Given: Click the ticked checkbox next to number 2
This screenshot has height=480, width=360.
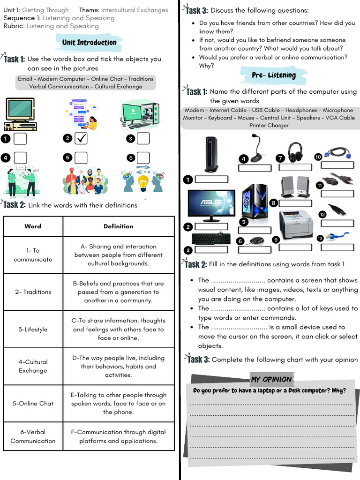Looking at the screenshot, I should [x=81, y=138].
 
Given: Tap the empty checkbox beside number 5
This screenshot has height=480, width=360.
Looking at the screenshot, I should [x=81, y=158].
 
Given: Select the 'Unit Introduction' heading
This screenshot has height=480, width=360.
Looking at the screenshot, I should [x=89, y=43].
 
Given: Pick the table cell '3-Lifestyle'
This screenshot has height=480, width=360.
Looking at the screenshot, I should [x=33, y=330].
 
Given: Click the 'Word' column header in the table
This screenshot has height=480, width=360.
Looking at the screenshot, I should [x=33, y=226].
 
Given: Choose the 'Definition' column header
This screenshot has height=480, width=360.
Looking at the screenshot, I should [x=118, y=226].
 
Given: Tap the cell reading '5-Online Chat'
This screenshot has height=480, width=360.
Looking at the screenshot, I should [x=33, y=404].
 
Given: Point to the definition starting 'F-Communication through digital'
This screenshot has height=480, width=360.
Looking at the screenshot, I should [x=118, y=436].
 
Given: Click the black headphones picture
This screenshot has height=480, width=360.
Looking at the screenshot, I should [x=295, y=152].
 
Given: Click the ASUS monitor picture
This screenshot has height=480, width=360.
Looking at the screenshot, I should [x=211, y=205].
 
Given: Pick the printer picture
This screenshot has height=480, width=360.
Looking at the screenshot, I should [x=295, y=224].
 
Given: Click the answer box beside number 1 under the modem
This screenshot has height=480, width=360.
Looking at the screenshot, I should [x=211, y=179].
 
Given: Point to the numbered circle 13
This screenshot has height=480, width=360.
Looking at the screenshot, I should [x=320, y=238].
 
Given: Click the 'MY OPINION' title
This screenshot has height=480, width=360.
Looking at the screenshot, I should [x=271, y=379].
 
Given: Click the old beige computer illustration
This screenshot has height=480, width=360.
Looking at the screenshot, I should [x=20, y=114].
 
